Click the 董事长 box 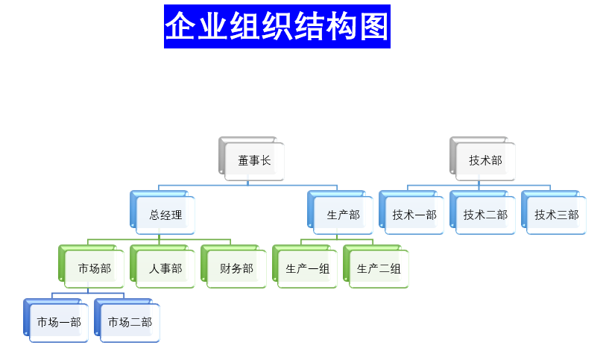click(254, 160)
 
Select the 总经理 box click(165, 215)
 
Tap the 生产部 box click(343, 215)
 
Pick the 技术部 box click(485, 160)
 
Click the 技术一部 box click(414, 215)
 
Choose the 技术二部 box click(485, 215)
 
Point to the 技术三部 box click(556, 215)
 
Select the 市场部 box click(94, 268)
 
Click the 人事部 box click(165, 268)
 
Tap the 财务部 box click(236, 268)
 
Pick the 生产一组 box click(307, 268)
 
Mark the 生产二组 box click(379, 268)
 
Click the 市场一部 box click(59, 322)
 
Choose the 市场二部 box click(130, 322)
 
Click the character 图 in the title click(372, 27)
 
